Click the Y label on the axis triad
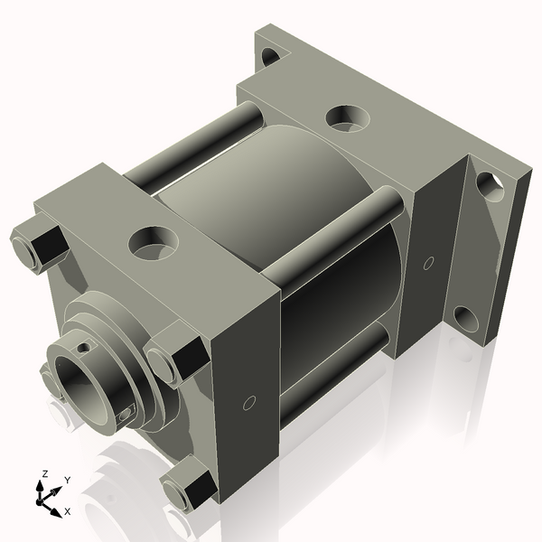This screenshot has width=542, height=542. [67, 481]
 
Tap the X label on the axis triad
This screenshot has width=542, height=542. [68, 512]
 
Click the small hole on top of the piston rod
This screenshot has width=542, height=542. [83, 346]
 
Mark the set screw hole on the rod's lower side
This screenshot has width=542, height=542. [126, 415]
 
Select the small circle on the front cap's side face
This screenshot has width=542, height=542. [250, 402]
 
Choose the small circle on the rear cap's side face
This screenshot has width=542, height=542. [428, 263]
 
